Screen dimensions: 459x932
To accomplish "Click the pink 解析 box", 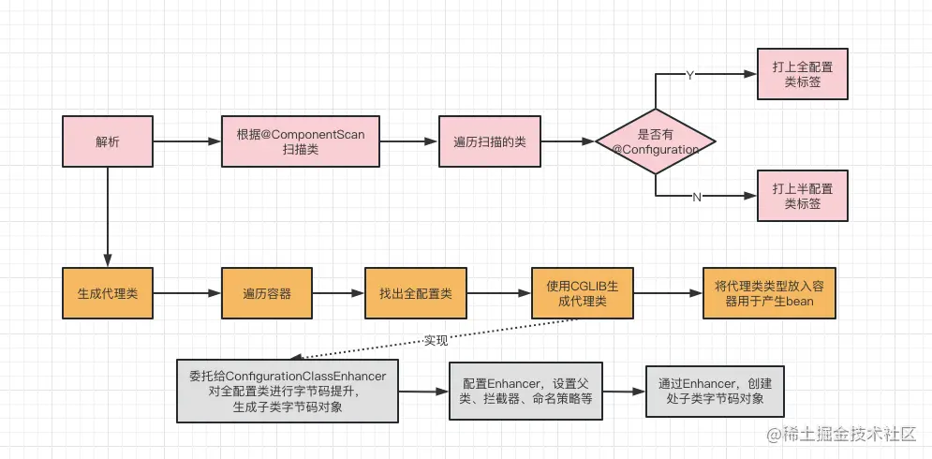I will pos(107,142).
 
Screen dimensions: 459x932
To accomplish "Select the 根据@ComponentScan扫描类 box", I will pos(300,142).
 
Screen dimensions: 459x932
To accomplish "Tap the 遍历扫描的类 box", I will pos(489,142).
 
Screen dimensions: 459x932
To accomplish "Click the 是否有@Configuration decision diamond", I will pos(656,142).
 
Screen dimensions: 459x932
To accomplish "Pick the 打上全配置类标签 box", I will pos(802,75).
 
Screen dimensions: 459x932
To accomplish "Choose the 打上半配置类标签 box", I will pos(802,196).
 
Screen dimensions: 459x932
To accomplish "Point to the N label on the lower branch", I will pos(696,197).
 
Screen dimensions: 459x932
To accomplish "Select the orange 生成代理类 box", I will pos(107,294).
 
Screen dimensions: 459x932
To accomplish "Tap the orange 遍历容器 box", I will pos(268,294).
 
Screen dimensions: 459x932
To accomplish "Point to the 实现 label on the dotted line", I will pos(436,339).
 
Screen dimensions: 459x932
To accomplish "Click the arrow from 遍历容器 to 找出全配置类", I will pos(339,294).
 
